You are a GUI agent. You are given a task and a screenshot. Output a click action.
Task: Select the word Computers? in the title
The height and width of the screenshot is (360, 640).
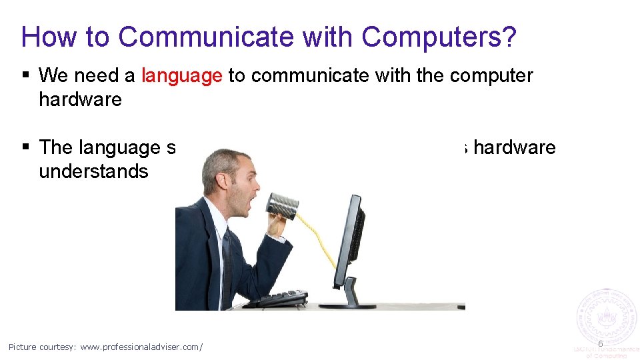[439, 37]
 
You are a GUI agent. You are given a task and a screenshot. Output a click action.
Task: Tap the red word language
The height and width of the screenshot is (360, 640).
[182, 76]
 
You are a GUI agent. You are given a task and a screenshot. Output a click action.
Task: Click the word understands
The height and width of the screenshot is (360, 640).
[93, 171]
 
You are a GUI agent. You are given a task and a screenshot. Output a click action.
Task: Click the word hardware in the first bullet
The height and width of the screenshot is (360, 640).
[80, 100]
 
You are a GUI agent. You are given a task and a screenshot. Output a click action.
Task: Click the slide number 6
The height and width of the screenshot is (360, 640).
[600, 343]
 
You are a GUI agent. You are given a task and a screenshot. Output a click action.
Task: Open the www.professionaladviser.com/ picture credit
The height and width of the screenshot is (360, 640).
[141, 347]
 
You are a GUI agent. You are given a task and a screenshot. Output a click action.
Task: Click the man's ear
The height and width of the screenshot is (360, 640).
[215, 184]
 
